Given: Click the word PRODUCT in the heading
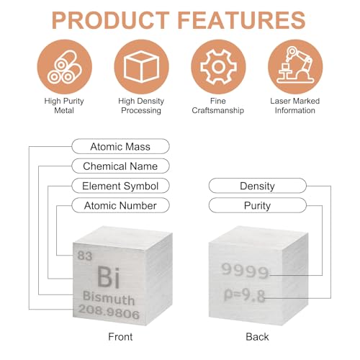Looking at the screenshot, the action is (111, 20).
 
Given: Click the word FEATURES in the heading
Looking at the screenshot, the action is (241, 20).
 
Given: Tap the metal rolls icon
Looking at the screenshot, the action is (65, 67).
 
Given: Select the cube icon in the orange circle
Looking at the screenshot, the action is (141, 67).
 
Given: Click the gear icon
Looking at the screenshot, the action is (218, 67).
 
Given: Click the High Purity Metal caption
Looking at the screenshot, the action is (64, 106).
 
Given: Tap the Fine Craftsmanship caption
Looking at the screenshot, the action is (218, 106).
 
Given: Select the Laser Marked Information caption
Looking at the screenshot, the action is (295, 106).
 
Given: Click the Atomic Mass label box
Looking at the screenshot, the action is (120, 146).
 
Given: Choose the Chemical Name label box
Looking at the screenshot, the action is (120, 166).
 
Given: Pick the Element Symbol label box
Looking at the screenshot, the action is (120, 186).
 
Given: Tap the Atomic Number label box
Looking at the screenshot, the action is (120, 205).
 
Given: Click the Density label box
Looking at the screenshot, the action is (258, 186).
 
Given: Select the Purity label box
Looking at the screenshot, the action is (258, 205).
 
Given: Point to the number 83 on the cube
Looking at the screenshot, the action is (85, 256).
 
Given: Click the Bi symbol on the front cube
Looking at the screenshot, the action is (109, 277).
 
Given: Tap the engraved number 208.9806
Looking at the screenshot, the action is (109, 312).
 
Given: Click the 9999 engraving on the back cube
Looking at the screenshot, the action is (245, 271).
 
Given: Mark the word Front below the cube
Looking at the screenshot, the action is (120, 337).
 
